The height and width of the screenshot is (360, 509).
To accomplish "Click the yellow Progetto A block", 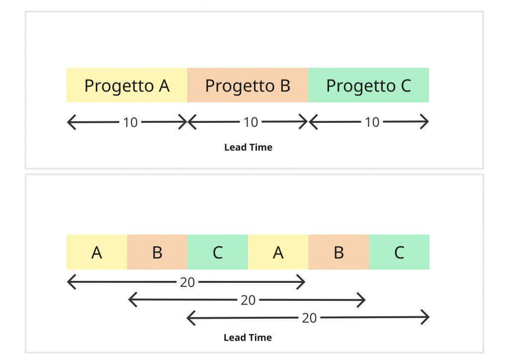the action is [127, 85].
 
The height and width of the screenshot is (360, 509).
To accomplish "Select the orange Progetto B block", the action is [248, 85].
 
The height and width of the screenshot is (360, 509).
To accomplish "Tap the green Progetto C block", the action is [369, 85].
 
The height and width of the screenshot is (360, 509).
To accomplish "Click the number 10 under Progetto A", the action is [131, 122].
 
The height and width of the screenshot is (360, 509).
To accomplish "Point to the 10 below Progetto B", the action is [251, 122].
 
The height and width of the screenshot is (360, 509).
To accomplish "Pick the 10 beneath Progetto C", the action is [372, 122].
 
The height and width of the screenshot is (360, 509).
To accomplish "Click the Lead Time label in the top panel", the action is [249, 147].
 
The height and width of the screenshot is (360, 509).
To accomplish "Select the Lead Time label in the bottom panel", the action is [248, 338].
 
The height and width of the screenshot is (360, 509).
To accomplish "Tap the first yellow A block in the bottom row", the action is [97, 252].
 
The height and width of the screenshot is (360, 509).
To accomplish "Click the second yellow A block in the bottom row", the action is [278, 252].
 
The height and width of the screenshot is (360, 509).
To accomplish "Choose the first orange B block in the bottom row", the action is [157, 252].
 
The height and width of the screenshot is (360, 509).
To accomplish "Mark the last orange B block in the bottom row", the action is [339, 252].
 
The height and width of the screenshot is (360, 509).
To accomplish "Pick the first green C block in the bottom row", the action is [218, 252].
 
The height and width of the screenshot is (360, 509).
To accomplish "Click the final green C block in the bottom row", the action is [399, 252].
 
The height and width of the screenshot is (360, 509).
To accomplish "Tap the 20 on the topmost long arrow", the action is [187, 282].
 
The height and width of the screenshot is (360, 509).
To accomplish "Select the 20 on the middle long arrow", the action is [249, 300].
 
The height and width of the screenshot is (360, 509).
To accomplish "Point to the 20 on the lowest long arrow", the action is [309, 318].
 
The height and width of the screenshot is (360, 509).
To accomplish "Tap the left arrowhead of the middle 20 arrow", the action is [132, 300].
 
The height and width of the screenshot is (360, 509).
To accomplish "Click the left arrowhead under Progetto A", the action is [71, 122].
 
